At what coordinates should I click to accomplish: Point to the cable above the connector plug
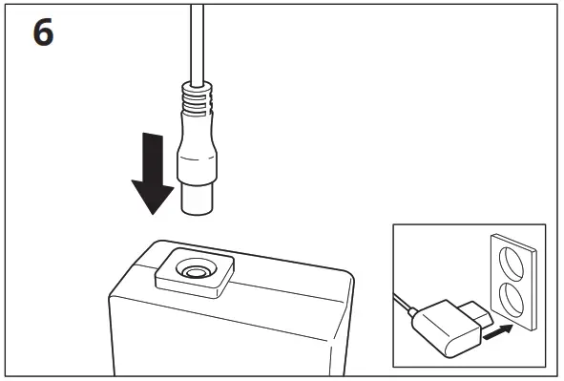[197, 38]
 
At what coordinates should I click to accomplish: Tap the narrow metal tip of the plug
[197, 198]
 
